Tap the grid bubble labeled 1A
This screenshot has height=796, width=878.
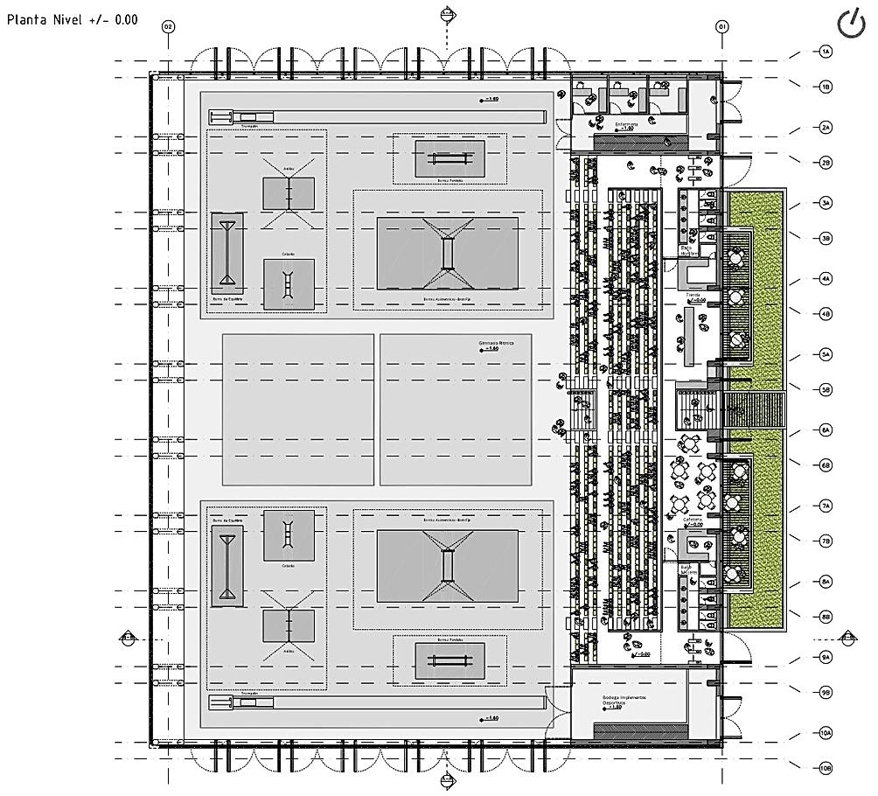(x=826, y=52)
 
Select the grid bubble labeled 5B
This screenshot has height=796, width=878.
(x=826, y=389)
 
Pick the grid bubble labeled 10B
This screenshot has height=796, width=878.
(x=826, y=769)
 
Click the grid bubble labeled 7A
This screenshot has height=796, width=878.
(x=826, y=506)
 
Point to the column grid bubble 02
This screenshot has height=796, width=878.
(x=168, y=27)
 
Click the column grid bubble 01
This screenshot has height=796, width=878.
(x=722, y=27)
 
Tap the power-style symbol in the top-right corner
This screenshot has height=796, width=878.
(x=851, y=24)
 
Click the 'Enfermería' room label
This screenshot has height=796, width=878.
(x=625, y=124)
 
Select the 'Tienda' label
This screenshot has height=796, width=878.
(x=693, y=296)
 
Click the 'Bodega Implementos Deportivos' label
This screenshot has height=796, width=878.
(x=624, y=701)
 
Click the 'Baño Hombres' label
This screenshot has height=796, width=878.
(x=693, y=250)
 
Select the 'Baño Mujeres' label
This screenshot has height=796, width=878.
(x=691, y=569)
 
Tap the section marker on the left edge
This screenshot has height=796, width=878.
(x=128, y=638)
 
